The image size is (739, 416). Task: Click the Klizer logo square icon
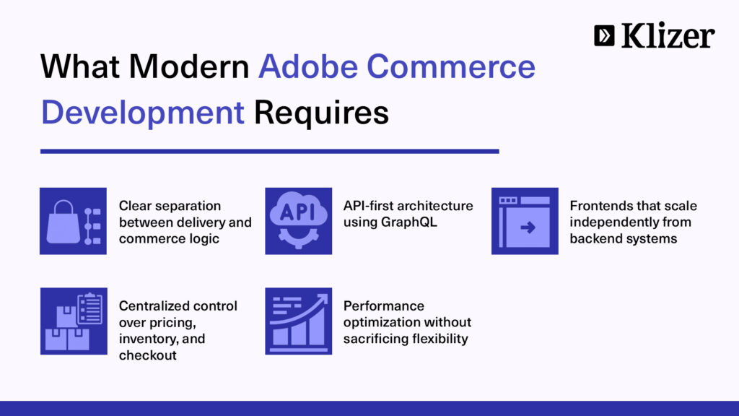click(x=604, y=35)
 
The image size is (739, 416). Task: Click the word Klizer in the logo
click(x=668, y=35)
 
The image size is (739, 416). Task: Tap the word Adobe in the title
click(x=308, y=66)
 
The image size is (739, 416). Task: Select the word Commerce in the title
click(x=451, y=66)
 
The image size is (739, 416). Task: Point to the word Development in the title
click(x=143, y=112)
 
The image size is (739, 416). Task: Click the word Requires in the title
click(x=321, y=112)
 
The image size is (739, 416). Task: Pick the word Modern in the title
click(x=189, y=66)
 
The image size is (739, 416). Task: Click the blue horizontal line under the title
click(x=270, y=152)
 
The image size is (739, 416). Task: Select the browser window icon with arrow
click(x=525, y=221)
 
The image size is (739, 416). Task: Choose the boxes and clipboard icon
click(x=74, y=321)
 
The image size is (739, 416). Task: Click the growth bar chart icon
click(x=298, y=321)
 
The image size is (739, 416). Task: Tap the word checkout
click(x=147, y=355)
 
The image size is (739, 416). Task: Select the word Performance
click(x=384, y=305)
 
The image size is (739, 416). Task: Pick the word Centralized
click(x=149, y=305)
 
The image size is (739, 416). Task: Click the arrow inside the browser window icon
click(x=528, y=227)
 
